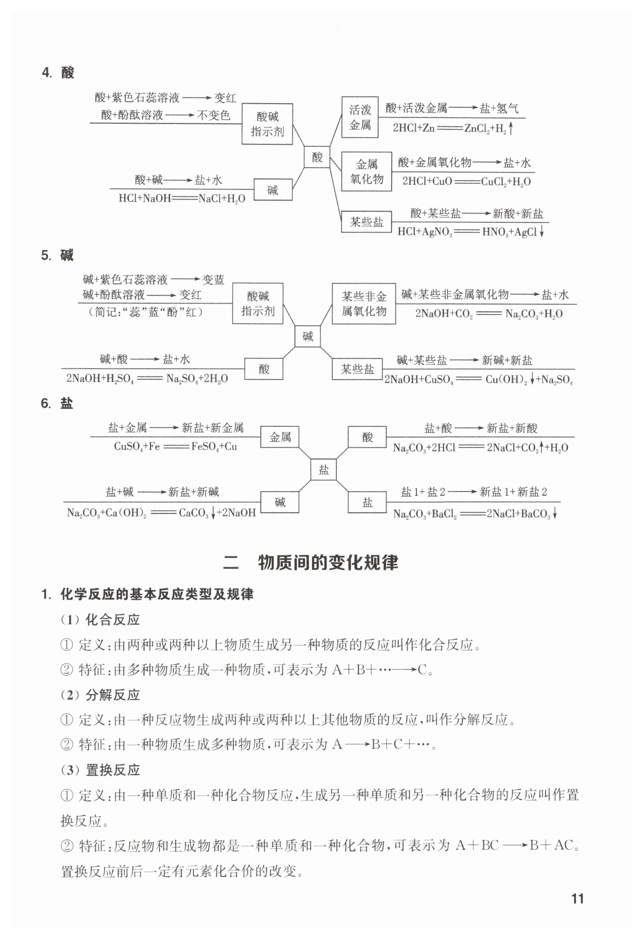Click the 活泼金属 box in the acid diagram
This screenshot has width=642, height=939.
(x=359, y=117)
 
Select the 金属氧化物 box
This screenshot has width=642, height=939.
(x=366, y=171)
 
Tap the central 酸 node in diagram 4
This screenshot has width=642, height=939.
(x=317, y=157)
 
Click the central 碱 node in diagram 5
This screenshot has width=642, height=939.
(x=307, y=336)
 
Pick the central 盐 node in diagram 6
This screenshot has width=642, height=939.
(x=323, y=469)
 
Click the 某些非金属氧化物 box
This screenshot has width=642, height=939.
(x=364, y=304)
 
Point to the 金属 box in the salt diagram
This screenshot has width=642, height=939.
(x=280, y=437)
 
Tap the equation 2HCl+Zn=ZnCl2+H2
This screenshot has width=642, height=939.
(x=452, y=128)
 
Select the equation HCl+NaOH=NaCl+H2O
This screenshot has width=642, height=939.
(x=181, y=198)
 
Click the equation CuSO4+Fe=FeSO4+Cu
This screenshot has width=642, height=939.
(x=175, y=446)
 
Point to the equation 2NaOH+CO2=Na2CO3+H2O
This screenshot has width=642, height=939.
(x=488, y=314)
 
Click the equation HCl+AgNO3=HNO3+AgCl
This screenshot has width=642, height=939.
(x=470, y=232)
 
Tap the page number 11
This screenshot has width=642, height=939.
(x=577, y=899)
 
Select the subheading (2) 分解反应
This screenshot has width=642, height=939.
(x=100, y=695)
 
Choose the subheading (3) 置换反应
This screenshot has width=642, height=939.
(x=100, y=770)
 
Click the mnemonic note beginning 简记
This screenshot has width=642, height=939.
(x=146, y=312)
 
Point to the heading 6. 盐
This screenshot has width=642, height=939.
(x=57, y=403)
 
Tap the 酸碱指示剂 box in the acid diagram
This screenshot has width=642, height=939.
(x=267, y=124)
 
